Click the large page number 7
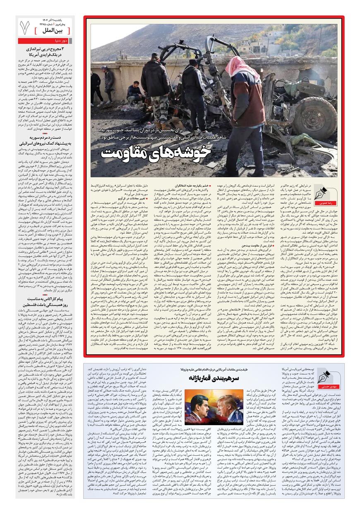click(x=26, y=28)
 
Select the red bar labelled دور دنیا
click(x=46, y=41)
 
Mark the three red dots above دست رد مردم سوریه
click(x=46, y=133)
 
